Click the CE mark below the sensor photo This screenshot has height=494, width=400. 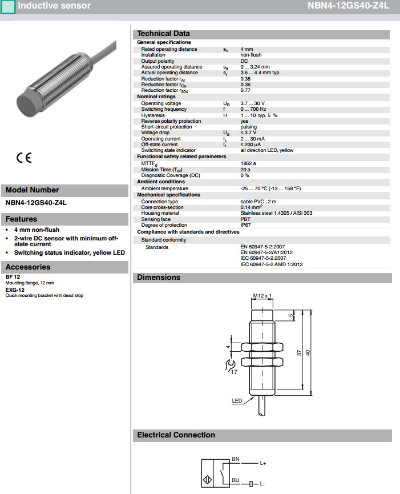[24, 158]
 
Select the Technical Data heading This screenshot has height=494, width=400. [163, 34]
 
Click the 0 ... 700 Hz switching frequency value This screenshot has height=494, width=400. [253, 109]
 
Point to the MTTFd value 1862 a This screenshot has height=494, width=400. [248, 163]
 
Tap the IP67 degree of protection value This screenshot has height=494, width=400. [245, 224]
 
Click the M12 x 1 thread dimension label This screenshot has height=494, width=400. [263, 296]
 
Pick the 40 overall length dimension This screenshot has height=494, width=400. [308, 353]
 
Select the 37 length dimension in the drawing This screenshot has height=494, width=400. [298, 353]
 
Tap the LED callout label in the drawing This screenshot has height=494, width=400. [237, 401]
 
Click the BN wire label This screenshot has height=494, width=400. [236, 459]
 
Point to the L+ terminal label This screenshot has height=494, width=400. [263, 463]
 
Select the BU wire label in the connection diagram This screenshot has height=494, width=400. [236, 480]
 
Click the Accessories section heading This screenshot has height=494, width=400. [28, 267]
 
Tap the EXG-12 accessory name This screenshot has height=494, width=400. [15, 290]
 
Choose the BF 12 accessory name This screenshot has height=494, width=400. [13, 277]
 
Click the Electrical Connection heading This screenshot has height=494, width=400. [176, 435]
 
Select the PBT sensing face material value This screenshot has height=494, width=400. [245, 219]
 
